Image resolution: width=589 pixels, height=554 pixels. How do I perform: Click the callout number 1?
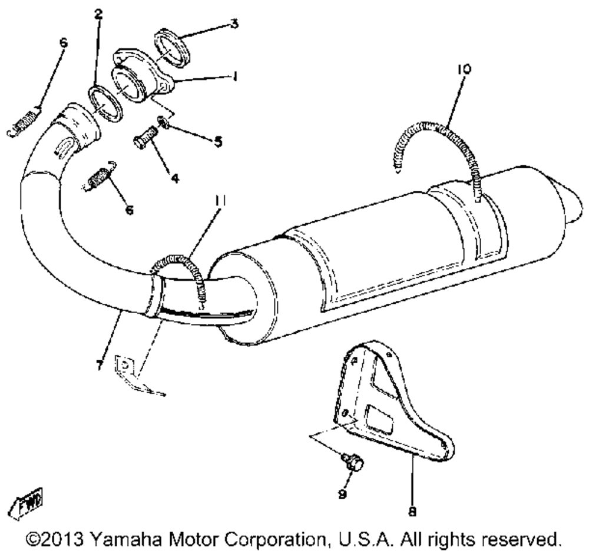click(x=235, y=77)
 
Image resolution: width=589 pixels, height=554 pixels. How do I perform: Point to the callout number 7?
click(x=100, y=365)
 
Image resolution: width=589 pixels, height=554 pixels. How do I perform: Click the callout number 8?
click(x=412, y=511)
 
